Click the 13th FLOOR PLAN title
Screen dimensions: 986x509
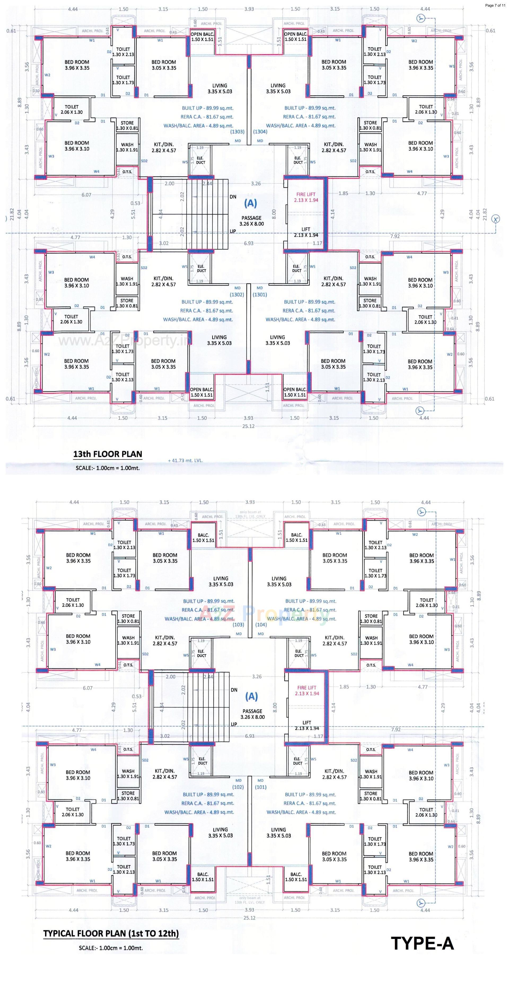tap(108, 454)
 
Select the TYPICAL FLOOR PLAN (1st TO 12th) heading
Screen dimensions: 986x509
tap(111, 933)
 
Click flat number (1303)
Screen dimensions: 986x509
tap(237, 132)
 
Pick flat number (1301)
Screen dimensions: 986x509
tap(260, 295)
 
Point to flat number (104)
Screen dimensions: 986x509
tap(261, 625)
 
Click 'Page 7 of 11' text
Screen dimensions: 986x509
tap(495, 5)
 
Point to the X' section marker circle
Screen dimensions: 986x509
tap(496, 219)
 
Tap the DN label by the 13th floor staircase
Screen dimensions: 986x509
tap(233, 197)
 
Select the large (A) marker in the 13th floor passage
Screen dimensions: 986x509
tap(251, 203)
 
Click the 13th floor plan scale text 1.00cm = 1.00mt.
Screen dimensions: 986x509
tap(108, 468)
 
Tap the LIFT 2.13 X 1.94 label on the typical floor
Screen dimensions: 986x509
tap(307, 725)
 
